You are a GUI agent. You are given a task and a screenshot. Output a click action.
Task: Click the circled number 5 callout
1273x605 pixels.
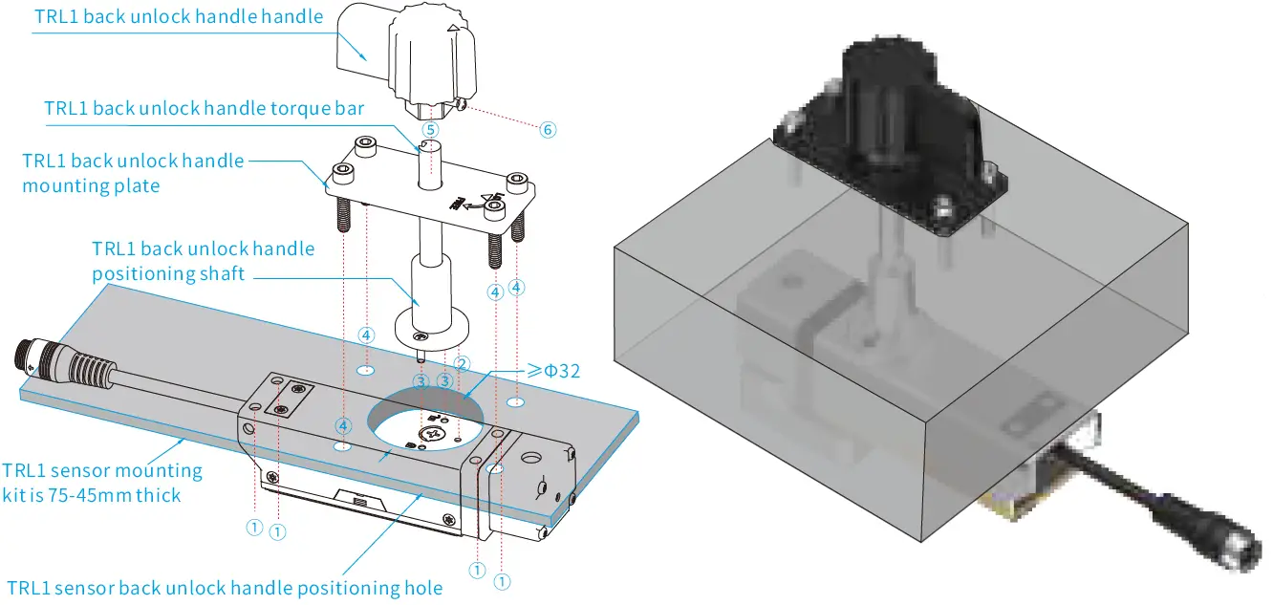click(430, 129)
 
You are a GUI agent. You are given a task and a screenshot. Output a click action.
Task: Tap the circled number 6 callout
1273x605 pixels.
click(548, 130)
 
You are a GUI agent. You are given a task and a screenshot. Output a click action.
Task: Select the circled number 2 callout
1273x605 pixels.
click(463, 363)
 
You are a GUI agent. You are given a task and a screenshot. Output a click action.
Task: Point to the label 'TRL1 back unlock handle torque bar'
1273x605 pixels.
click(204, 108)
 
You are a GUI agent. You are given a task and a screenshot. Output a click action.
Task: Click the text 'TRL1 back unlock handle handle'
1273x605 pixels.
click(179, 16)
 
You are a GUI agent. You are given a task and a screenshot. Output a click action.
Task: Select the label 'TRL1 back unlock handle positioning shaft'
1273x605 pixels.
click(203, 261)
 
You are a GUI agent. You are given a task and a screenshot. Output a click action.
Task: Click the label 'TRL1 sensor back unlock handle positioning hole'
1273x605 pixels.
click(225, 588)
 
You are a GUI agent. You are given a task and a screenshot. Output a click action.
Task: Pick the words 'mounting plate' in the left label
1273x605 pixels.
click(91, 184)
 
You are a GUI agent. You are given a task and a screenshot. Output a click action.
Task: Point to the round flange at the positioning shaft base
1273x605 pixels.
click(431, 325)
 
